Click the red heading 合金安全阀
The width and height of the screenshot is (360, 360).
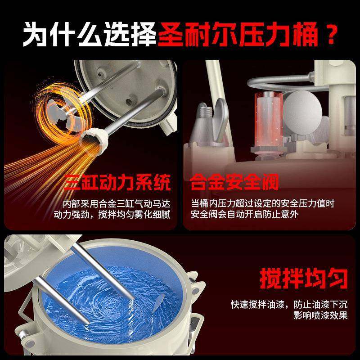[234, 183]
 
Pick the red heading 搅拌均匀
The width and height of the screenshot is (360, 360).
[304, 278]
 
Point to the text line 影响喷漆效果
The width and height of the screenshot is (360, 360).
[320, 315]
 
